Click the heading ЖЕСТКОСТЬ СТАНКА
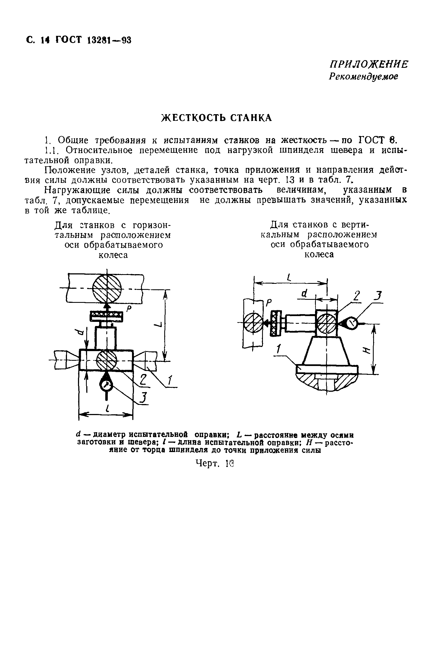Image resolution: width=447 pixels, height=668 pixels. (x=217, y=118)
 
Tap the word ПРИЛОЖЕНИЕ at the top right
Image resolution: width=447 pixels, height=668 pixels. (x=369, y=65)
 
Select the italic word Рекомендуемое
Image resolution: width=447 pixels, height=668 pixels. (x=363, y=77)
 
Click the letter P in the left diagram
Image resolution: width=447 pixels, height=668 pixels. (x=129, y=309)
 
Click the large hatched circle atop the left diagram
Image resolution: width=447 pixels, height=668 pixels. (x=107, y=289)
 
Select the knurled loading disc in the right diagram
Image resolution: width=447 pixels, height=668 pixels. (x=276, y=323)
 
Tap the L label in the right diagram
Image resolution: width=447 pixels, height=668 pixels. (x=289, y=277)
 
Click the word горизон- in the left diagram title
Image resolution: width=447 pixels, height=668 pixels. (x=151, y=225)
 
